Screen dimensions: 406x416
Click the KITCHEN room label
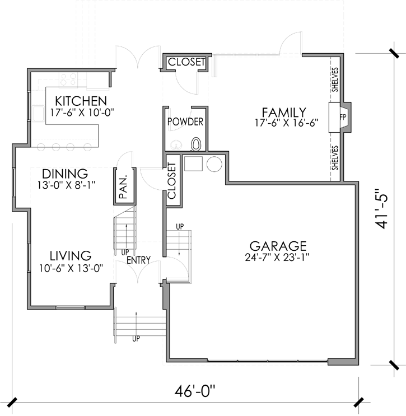point(81,101)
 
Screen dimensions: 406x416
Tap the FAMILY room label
point(284,112)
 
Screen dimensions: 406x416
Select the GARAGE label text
point(278,246)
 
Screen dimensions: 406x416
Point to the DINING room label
point(65,174)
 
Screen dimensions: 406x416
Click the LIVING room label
point(71,256)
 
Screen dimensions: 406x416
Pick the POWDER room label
point(185,121)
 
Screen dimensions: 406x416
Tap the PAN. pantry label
point(124,186)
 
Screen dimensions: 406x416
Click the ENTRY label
point(138,260)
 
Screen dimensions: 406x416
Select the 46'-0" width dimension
point(194,391)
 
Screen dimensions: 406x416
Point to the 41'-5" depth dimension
point(381,209)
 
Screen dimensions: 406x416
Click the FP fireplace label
point(343,117)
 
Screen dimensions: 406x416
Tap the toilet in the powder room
point(196,144)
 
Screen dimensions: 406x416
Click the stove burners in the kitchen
point(69,80)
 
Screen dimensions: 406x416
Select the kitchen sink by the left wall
point(38,114)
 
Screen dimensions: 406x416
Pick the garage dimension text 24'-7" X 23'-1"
point(277,258)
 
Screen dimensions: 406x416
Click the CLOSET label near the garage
point(172,181)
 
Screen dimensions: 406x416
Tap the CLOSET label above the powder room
point(186,62)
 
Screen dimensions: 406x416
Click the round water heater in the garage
point(214,164)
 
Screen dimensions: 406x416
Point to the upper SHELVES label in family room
point(335,80)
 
